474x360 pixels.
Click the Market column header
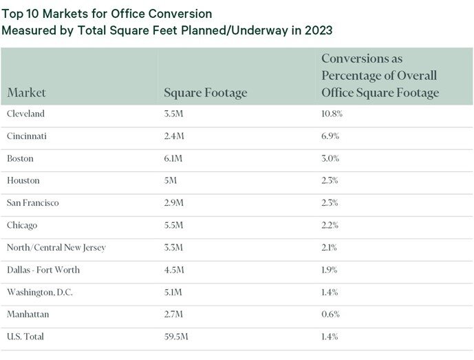click(x=28, y=93)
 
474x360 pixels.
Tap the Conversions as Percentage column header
click(x=380, y=76)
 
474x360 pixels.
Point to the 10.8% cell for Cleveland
click(x=332, y=114)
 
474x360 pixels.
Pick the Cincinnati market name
click(x=27, y=136)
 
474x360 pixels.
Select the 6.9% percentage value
click(x=330, y=136)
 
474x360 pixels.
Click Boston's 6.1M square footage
click(x=173, y=158)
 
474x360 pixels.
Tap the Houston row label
click(x=23, y=180)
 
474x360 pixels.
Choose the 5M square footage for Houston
click(x=171, y=180)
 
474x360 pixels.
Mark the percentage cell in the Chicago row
click(x=330, y=225)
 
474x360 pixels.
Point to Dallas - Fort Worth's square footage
click(x=173, y=270)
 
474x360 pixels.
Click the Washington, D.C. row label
click(x=40, y=292)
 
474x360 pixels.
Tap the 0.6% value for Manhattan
click(x=330, y=315)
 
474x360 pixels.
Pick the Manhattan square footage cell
click(x=173, y=315)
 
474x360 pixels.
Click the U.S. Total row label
click(x=26, y=337)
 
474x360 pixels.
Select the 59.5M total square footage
click(x=175, y=337)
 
